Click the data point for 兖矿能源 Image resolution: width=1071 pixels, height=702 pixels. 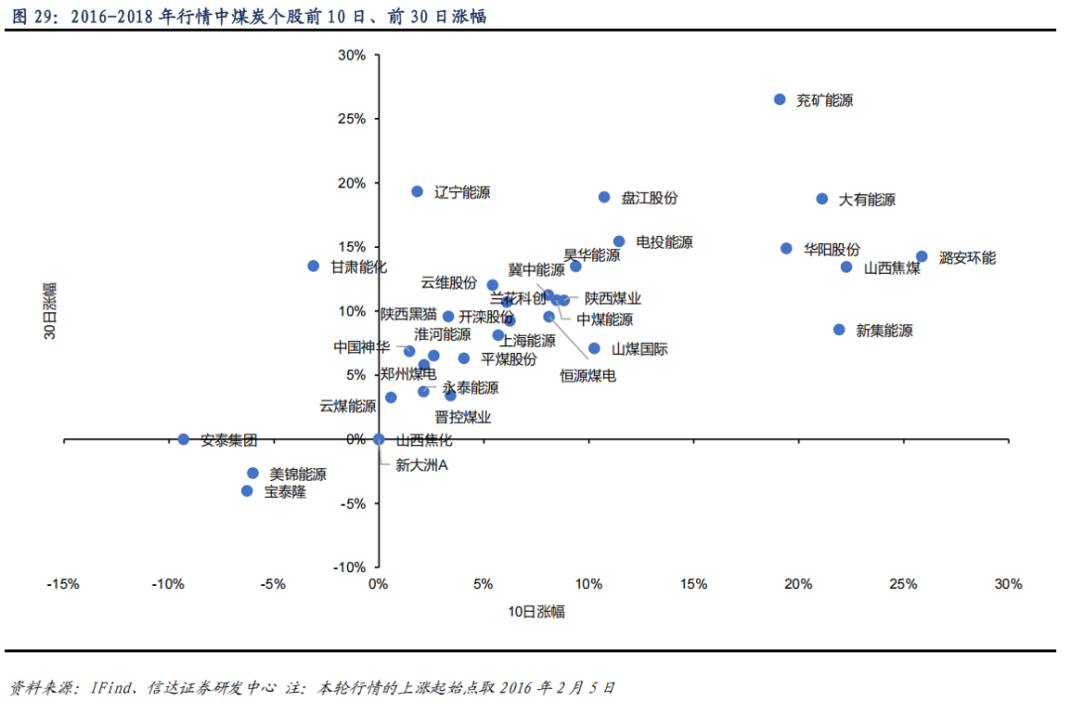pyautogui.click(x=779, y=99)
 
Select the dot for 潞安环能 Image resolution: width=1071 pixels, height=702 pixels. pyautogui.click(x=921, y=257)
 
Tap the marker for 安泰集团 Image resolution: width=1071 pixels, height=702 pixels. pyautogui.click(x=183, y=439)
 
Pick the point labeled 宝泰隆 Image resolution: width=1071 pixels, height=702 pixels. pyautogui.click(x=247, y=491)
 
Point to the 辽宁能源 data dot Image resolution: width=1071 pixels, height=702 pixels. pyautogui.click(x=417, y=191)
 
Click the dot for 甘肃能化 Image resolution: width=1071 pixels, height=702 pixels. pyautogui.click(x=313, y=266)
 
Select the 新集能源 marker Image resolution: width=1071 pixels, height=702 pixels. pyautogui.click(x=839, y=329)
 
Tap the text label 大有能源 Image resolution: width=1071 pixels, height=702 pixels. pyautogui.click(x=867, y=199)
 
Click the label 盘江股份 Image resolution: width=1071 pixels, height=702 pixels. pyautogui.click(x=650, y=198)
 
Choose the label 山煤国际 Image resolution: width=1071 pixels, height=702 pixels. pyautogui.click(x=640, y=349)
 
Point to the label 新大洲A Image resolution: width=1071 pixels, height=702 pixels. pyautogui.click(x=422, y=464)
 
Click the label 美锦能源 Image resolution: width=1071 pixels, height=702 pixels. pyautogui.click(x=297, y=475)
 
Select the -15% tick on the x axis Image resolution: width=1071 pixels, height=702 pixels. pyautogui.click(x=62, y=584)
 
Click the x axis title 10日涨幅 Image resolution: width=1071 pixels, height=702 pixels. pyautogui.click(x=536, y=612)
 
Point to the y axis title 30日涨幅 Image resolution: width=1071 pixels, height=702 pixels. pyautogui.click(x=49, y=311)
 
